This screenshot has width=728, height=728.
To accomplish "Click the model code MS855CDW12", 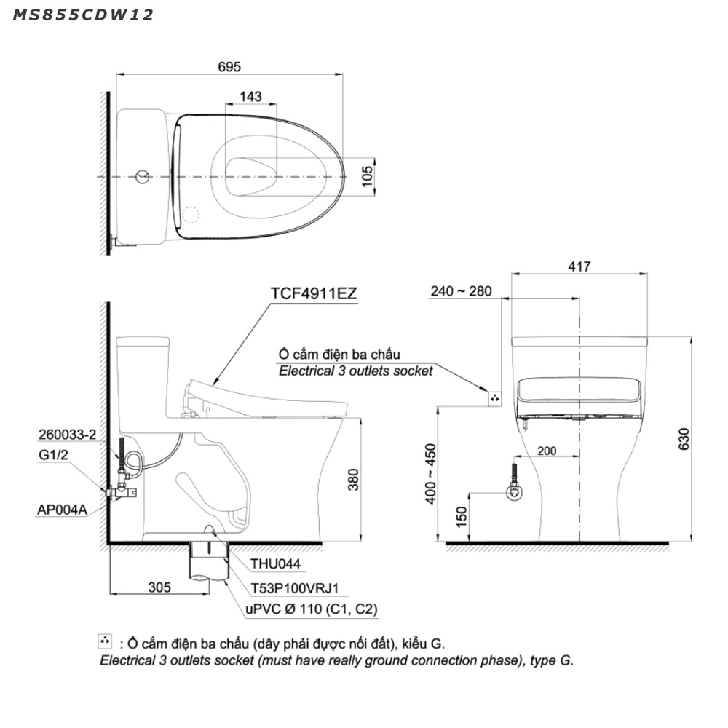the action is [83, 15].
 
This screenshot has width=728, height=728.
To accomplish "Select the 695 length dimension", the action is [229, 67].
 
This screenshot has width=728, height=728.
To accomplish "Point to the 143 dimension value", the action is [250, 97].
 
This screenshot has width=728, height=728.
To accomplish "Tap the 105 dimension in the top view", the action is [367, 176].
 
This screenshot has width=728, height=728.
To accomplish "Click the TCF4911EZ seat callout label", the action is [314, 293].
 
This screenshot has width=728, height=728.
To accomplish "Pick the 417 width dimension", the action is [579, 266].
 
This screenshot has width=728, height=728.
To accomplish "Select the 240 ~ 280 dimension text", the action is [461, 291].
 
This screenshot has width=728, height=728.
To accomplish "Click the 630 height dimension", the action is [684, 439].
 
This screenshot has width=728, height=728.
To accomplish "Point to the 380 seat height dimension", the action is [353, 480].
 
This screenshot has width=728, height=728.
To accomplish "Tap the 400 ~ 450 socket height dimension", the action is [430, 474].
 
